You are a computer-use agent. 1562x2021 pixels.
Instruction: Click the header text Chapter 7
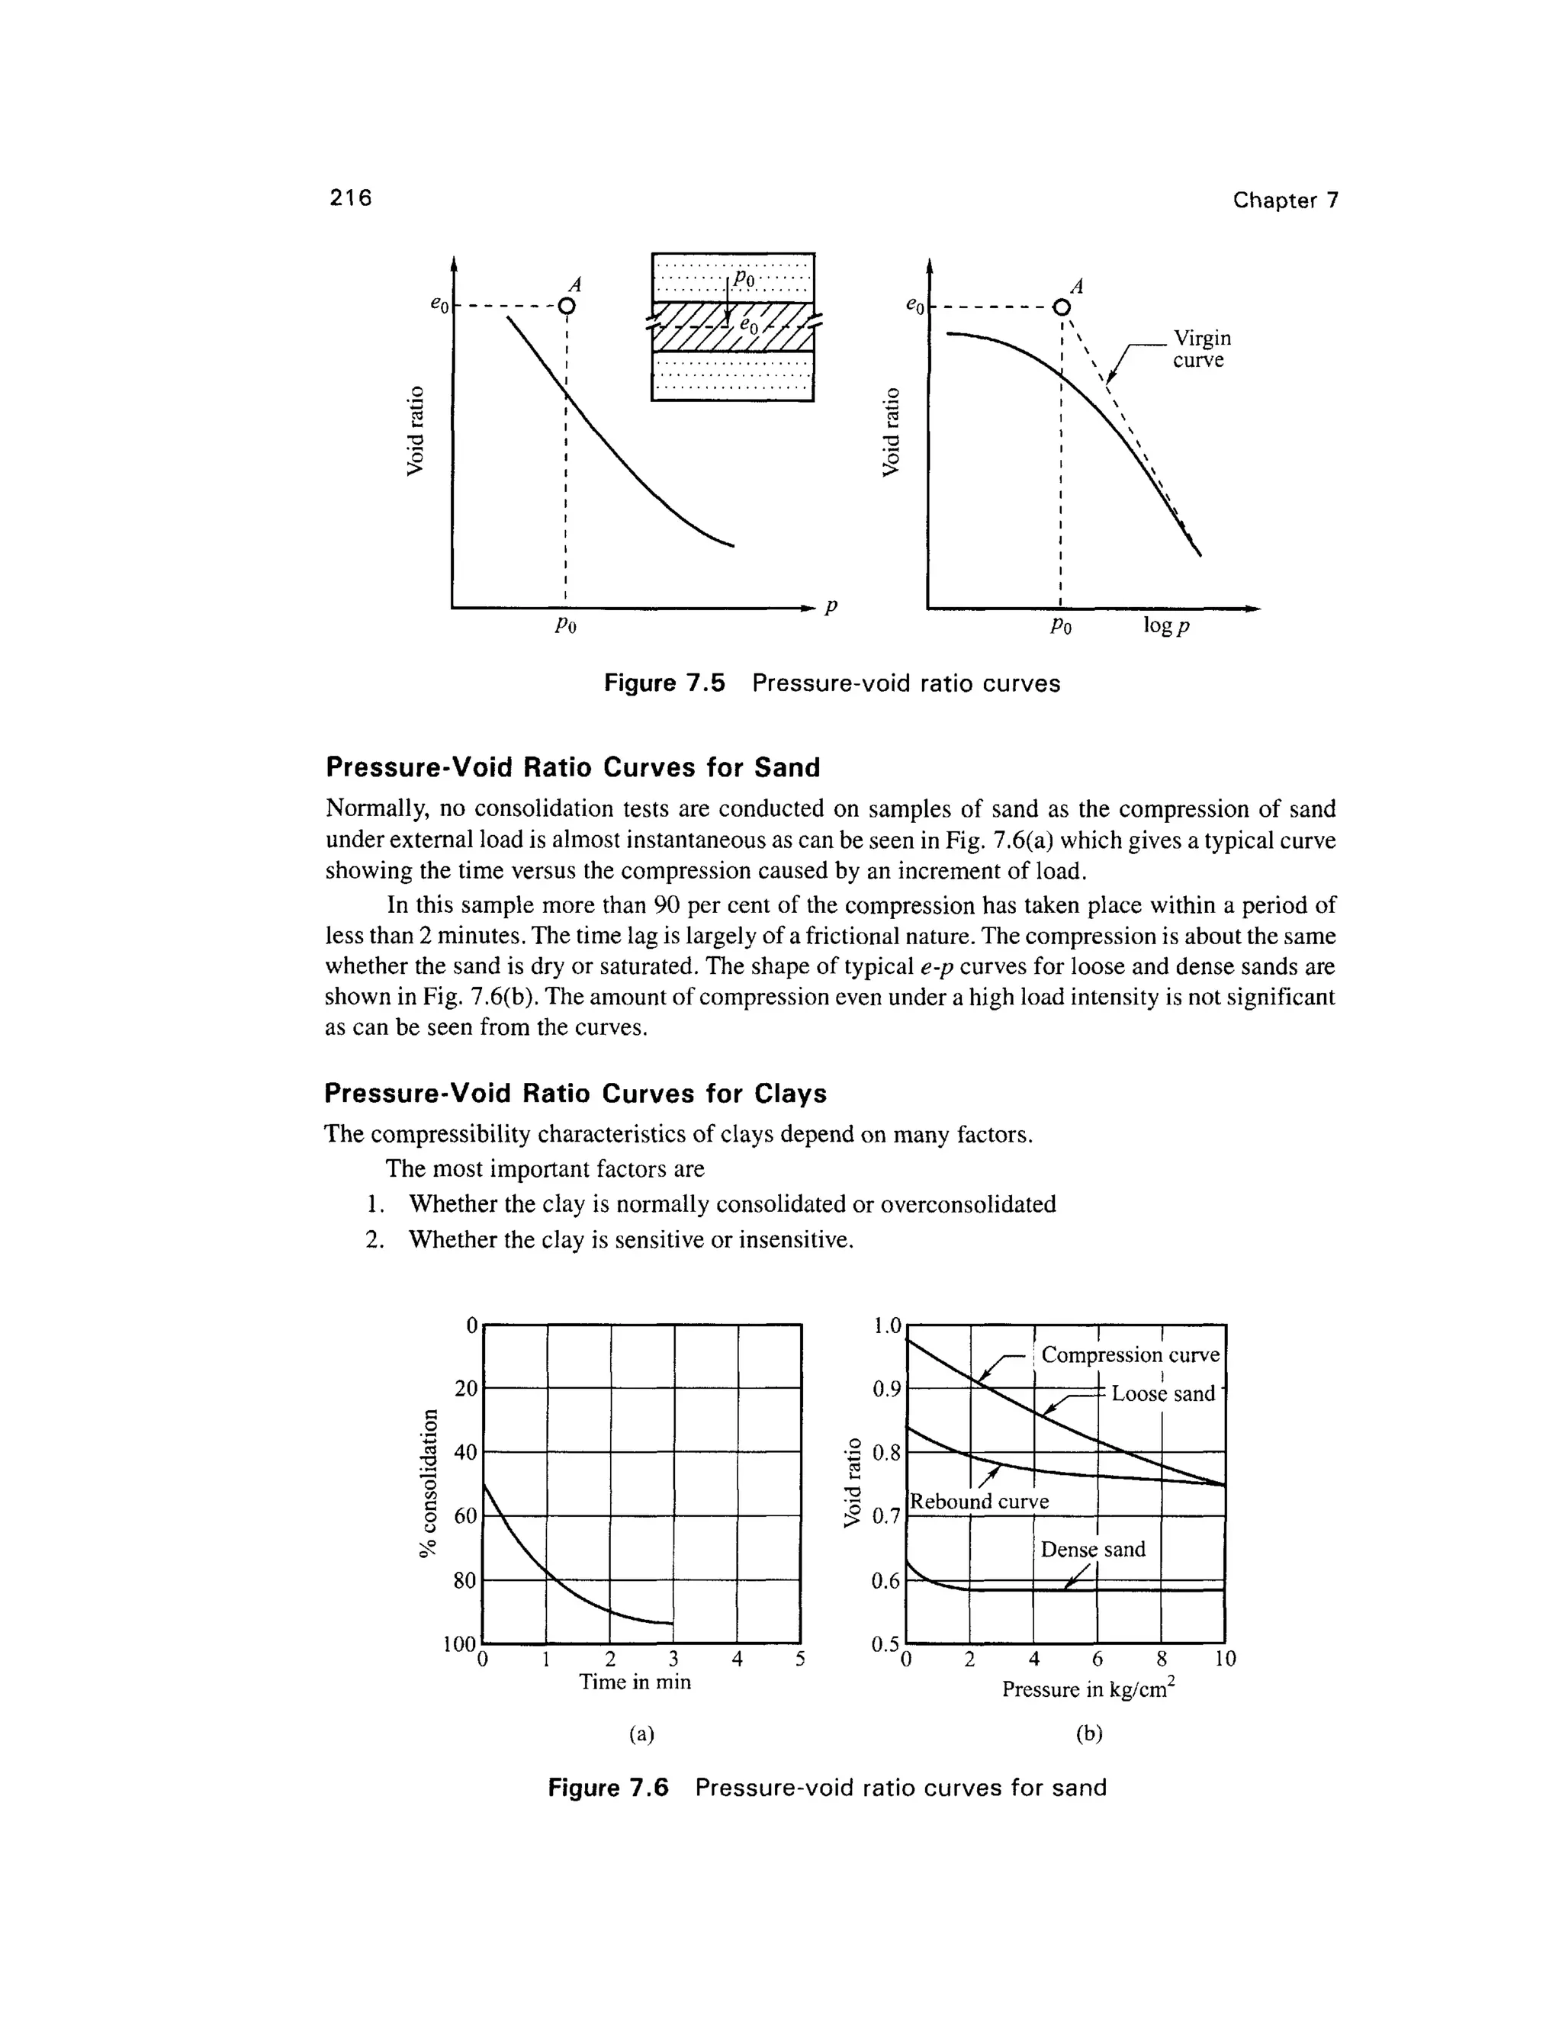[x=1284, y=200]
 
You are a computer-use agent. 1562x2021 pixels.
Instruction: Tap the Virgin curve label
[x=1201, y=348]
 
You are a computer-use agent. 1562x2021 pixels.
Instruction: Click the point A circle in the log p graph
[x=1062, y=307]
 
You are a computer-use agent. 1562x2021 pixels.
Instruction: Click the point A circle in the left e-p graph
[x=567, y=307]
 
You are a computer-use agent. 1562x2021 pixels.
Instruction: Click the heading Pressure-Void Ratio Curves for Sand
[x=573, y=767]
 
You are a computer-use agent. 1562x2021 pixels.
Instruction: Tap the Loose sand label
[x=1162, y=1393]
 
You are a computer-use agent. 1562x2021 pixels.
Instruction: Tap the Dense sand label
[x=1093, y=1549]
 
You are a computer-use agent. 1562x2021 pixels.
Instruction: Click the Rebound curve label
[x=980, y=1501]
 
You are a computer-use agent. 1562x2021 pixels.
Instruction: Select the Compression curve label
[x=1130, y=1354]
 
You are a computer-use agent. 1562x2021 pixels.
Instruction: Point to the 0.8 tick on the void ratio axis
[x=885, y=1453]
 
